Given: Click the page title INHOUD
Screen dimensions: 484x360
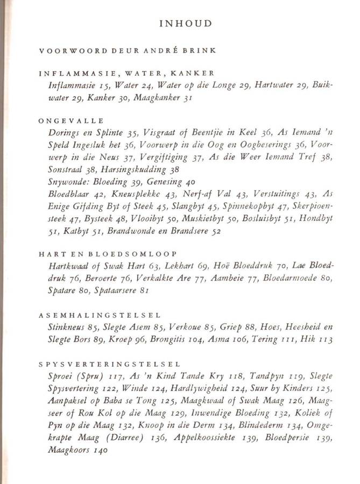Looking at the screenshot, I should [x=185, y=24].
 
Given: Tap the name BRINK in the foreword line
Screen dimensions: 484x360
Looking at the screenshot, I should [x=200, y=51].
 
